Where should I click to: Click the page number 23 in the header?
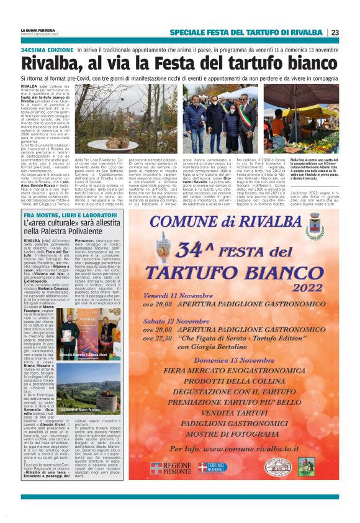tap(335, 32)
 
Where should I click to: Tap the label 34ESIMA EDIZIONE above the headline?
tap(47, 49)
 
